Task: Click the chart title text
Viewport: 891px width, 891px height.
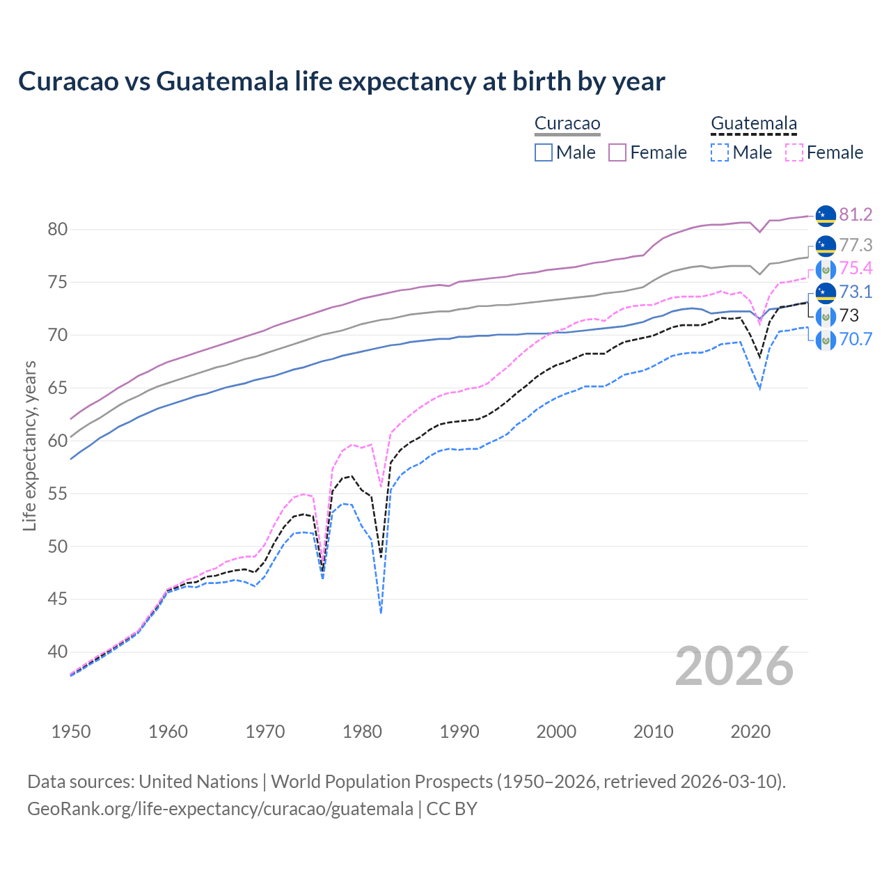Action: pos(341,81)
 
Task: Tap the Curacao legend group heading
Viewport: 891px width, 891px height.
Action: pos(567,124)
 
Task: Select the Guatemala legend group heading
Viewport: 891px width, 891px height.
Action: pos(753,124)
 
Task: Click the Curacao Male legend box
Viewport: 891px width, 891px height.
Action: pos(544,152)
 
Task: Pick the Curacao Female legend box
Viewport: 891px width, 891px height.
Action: pos(618,152)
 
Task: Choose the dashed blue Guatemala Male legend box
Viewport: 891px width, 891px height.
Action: pos(720,152)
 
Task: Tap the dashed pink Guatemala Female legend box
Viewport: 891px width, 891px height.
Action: pos(794,152)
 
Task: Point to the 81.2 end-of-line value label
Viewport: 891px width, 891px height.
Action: pos(855,214)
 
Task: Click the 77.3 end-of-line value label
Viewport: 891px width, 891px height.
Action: pos(855,246)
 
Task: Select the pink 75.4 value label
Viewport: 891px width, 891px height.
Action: pos(855,269)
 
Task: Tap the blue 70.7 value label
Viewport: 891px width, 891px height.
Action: pos(855,340)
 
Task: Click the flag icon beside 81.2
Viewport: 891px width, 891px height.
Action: pos(826,215)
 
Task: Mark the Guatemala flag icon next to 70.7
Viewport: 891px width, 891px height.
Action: pos(826,340)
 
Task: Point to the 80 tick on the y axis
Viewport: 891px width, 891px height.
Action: pos(57,230)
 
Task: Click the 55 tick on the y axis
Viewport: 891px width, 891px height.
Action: pos(57,494)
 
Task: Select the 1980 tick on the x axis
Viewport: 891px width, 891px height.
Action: pos(362,732)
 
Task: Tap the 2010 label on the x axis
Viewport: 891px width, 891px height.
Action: pos(653,732)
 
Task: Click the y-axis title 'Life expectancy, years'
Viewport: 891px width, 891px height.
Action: pos(29,445)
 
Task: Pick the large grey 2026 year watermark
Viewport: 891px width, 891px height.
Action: pos(734,666)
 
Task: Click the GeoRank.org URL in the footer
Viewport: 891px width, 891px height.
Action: pos(220,809)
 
